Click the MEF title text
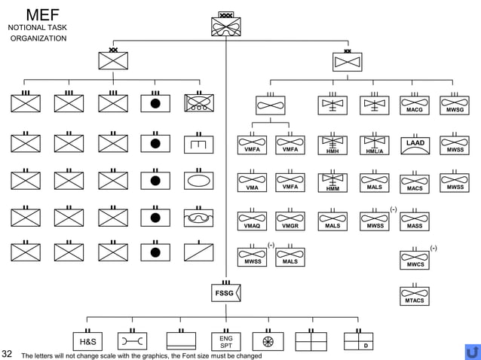pos(37,14)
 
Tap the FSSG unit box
pos(225,292)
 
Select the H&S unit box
pos(87,341)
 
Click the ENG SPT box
pos(225,341)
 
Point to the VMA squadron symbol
pos(252,184)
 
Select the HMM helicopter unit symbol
pos(332,184)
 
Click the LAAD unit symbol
pos(415,145)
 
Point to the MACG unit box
pos(415,105)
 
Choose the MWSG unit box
pos(455,105)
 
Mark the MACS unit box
pos(415,185)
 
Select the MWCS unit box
pos(415,260)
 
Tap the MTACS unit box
pos(415,296)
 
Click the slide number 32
pos(7,354)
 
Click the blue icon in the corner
pos(473,352)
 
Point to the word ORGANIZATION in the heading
pos(38,38)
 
